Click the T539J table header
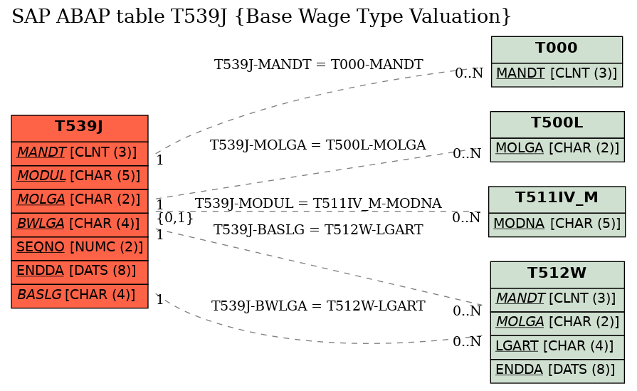click(80, 128)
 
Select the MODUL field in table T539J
click(80, 177)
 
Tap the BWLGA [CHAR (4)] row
click(80, 225)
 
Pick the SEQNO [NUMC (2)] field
click(80, 249)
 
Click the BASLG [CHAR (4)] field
click(80, 296)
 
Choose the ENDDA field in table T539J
click(80, 272)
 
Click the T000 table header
click(557, 50)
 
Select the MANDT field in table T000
click(557, 75)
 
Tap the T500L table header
click(557, 125)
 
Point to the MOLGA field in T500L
click(557, 150)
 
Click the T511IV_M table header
click(557, 199)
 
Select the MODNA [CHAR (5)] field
click(557, 225)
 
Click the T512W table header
click(557, 275)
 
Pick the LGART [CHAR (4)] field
click(557, 348)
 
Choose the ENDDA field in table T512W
click(557, 371)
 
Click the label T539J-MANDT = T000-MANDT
click(319, 64)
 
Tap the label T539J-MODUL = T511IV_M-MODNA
click(318, 203)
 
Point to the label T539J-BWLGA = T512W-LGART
click(318, 306)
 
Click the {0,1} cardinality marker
click(175, 218)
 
